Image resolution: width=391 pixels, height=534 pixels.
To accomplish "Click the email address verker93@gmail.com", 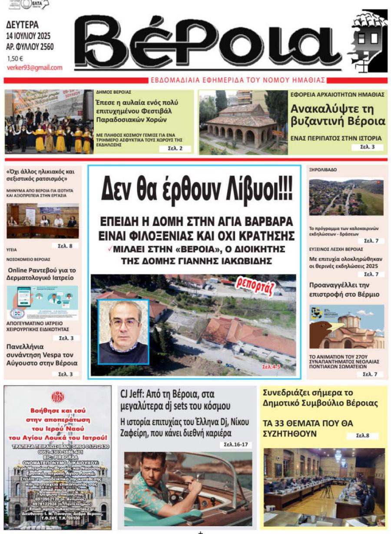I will [35, 68].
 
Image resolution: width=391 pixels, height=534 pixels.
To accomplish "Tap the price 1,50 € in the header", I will [15, 59].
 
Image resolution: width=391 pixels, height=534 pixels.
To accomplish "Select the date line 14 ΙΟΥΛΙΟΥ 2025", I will [29, 36].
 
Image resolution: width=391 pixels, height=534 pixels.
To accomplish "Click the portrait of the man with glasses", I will [124, 331].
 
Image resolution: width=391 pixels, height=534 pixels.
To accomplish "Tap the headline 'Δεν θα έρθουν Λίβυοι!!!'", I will [197, 190].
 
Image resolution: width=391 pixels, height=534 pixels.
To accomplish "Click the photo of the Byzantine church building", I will [243, 122].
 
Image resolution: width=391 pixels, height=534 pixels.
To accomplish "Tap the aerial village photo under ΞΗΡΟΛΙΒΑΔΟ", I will [346, 197].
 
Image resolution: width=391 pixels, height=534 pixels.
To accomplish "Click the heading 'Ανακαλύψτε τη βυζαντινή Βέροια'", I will [338, 115].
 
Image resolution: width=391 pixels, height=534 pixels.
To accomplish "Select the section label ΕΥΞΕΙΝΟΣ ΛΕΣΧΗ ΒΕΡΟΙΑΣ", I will [330, 249].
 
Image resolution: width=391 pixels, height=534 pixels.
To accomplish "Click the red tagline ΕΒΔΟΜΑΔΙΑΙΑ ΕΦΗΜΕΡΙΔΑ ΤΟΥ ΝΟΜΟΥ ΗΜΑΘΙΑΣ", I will [238, 80].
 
